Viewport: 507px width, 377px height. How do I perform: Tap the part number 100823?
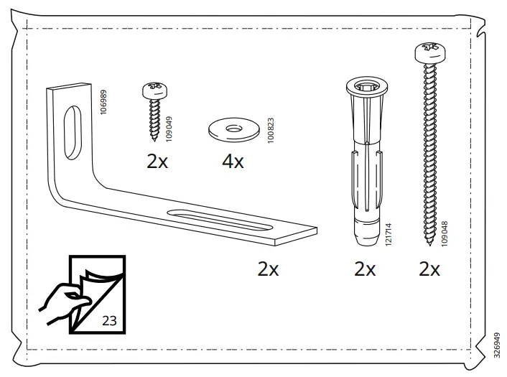pos(270,128)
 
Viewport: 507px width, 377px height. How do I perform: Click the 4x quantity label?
pos(233,162)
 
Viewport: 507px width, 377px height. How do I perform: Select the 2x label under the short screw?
pos(157,161)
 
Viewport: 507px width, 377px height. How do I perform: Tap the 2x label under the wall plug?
pos(365,269)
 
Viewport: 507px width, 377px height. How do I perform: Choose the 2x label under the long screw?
pos(429,269)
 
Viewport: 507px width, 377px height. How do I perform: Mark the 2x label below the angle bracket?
pos(269,269)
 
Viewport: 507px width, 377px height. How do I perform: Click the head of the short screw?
pos(154,90)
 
